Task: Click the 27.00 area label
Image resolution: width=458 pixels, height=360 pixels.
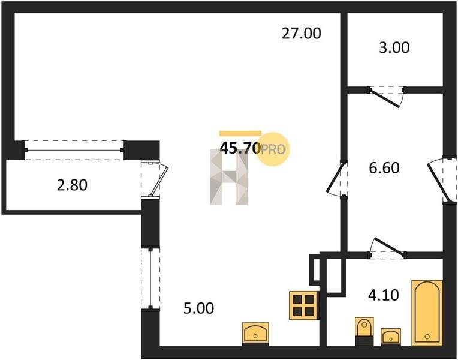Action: (x=302, y=34)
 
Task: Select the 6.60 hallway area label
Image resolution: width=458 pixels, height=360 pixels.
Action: (x=383, y=168)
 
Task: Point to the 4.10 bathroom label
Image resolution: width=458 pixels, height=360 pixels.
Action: (x=381, y=295)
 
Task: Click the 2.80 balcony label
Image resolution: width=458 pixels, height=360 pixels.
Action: (x=72, y=185)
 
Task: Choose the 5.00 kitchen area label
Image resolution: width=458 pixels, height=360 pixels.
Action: (x=198, y=309)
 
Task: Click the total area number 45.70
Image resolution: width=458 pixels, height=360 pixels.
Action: (x=240, y=148)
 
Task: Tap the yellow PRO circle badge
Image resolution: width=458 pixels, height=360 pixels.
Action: (x=274, y=148)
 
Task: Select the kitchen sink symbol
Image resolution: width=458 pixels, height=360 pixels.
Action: (x=255, y=332)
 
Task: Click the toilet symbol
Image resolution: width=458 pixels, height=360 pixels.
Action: (x=364, y=330)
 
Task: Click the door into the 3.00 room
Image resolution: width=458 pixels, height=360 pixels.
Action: (x=387, y=95)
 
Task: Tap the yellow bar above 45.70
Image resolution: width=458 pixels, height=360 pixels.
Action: (x=240, y=133)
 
